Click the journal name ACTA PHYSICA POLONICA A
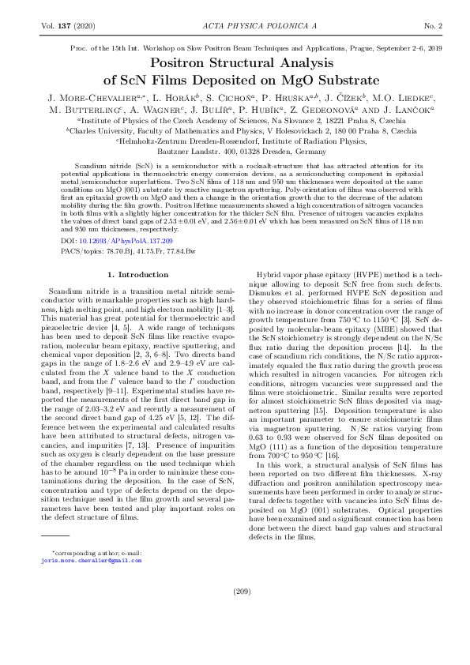click(235, 26)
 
